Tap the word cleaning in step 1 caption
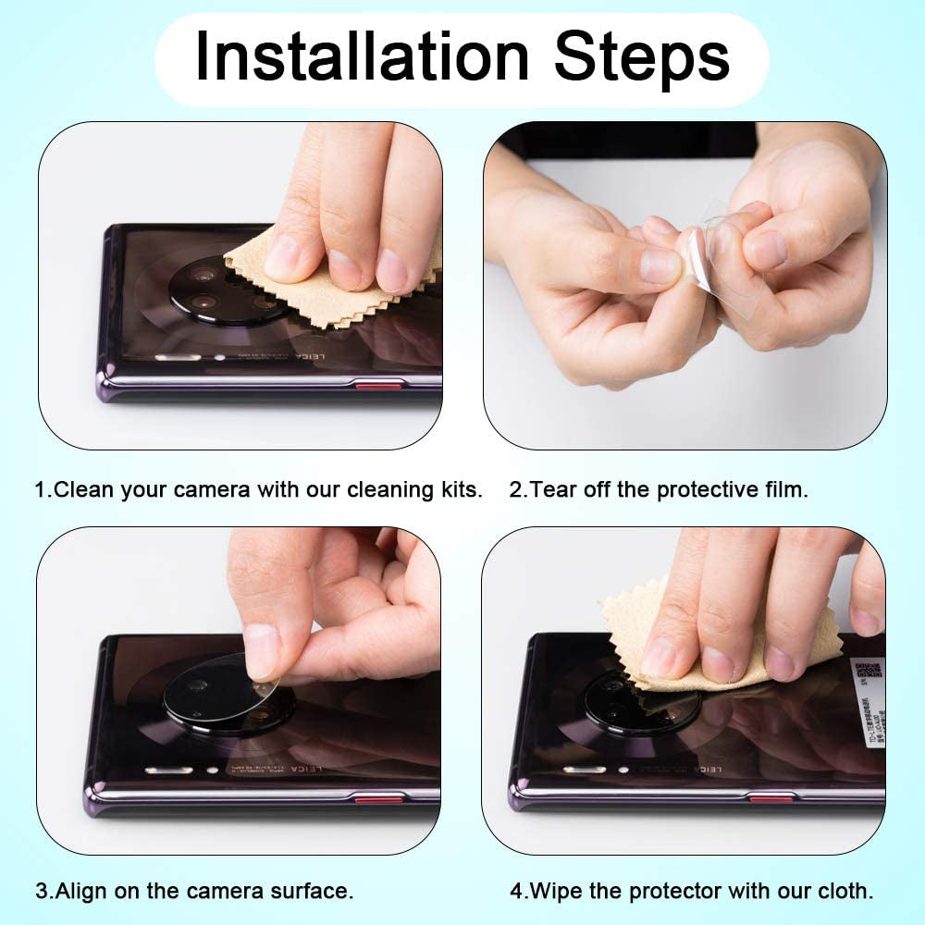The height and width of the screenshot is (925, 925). tap(388, 489)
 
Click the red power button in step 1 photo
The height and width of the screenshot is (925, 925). tap(378, 385)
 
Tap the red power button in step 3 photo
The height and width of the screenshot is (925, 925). tap(379, 797)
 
